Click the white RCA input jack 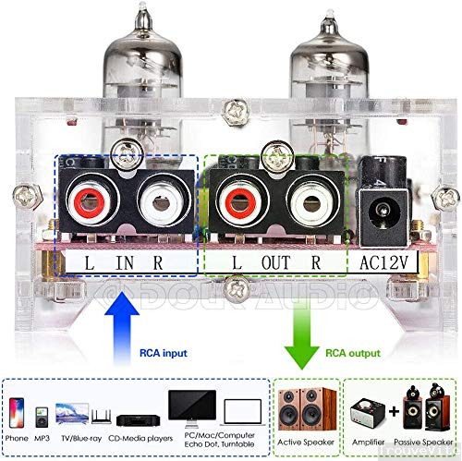155,196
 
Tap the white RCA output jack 307,196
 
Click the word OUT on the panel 275,261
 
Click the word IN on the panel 125,261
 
